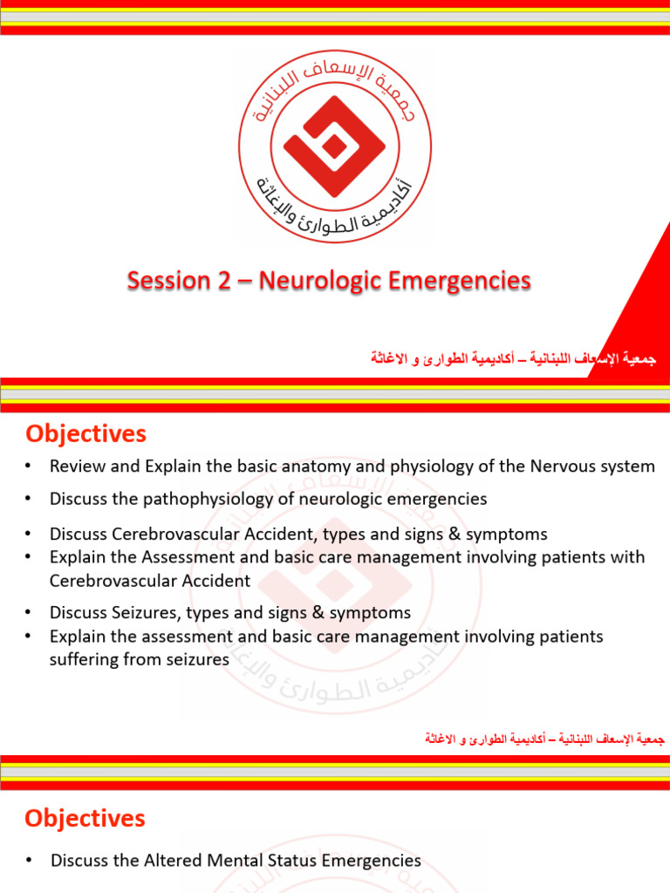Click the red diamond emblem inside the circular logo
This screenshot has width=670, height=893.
click(334, 147)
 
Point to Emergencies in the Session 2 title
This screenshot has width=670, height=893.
click(459, 281)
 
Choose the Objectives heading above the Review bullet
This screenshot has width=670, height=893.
click(85, 433)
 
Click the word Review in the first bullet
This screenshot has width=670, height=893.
click(76, 467)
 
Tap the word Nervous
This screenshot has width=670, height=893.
click(562, 467)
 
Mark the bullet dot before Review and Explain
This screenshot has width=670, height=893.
click(29, 467)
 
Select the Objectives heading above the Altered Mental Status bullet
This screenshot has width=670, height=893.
click(85, 819)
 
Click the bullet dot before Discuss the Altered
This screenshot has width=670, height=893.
click(29, 861)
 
